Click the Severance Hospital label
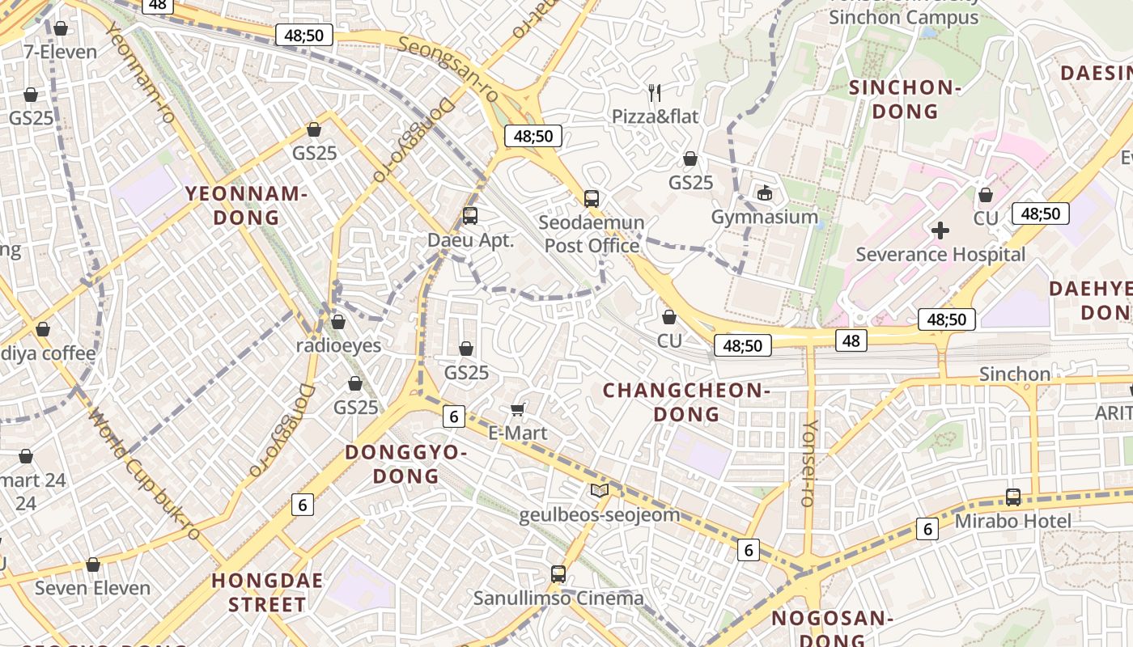click(x=940, y=255)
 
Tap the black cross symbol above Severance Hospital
click(x=940, y=230)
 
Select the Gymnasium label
click(x=764, y=217)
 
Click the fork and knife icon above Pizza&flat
click(x=655, y=93)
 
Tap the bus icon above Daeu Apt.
click(x=470, y=216)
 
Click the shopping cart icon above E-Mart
click(x=518, y=409)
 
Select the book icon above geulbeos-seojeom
click(x=599, y=491)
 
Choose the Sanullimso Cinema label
click(x=558, y=598)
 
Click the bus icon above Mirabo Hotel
click(x=1013, y=497)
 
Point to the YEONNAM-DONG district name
click(x=246, y=205)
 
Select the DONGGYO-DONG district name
click(x=406, y=463)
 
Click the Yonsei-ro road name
click(x=808, y=463)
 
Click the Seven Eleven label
click(x=92, y=588)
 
